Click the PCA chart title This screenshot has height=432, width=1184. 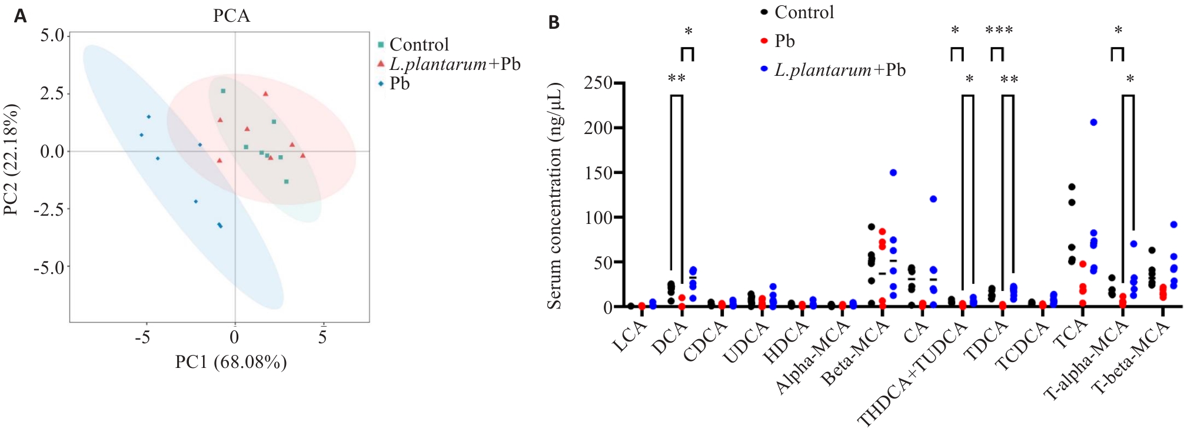pos(231,16)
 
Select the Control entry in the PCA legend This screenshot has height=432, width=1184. pos(418,45)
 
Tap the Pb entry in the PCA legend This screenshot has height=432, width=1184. pos(399,83)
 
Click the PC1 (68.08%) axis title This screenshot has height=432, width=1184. pos(231,362)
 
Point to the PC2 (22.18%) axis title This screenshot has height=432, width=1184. pos(11,160)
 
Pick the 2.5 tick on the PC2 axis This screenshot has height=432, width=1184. pos(52,93)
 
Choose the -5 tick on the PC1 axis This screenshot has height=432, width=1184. pos(142,337)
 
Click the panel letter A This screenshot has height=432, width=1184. pos(21,16)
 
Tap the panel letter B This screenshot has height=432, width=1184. pos(554,22)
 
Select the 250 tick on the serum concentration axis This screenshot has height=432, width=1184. pos(598,83)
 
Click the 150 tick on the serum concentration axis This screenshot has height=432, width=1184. pos(598,173)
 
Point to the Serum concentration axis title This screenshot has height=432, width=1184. pos(554,196)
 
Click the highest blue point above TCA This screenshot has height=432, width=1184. pos(1093,122)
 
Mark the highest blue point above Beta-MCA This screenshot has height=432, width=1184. pos(893,173)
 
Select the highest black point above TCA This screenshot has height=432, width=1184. pos(1072,187)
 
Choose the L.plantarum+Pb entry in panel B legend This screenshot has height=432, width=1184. pos(839,70)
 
